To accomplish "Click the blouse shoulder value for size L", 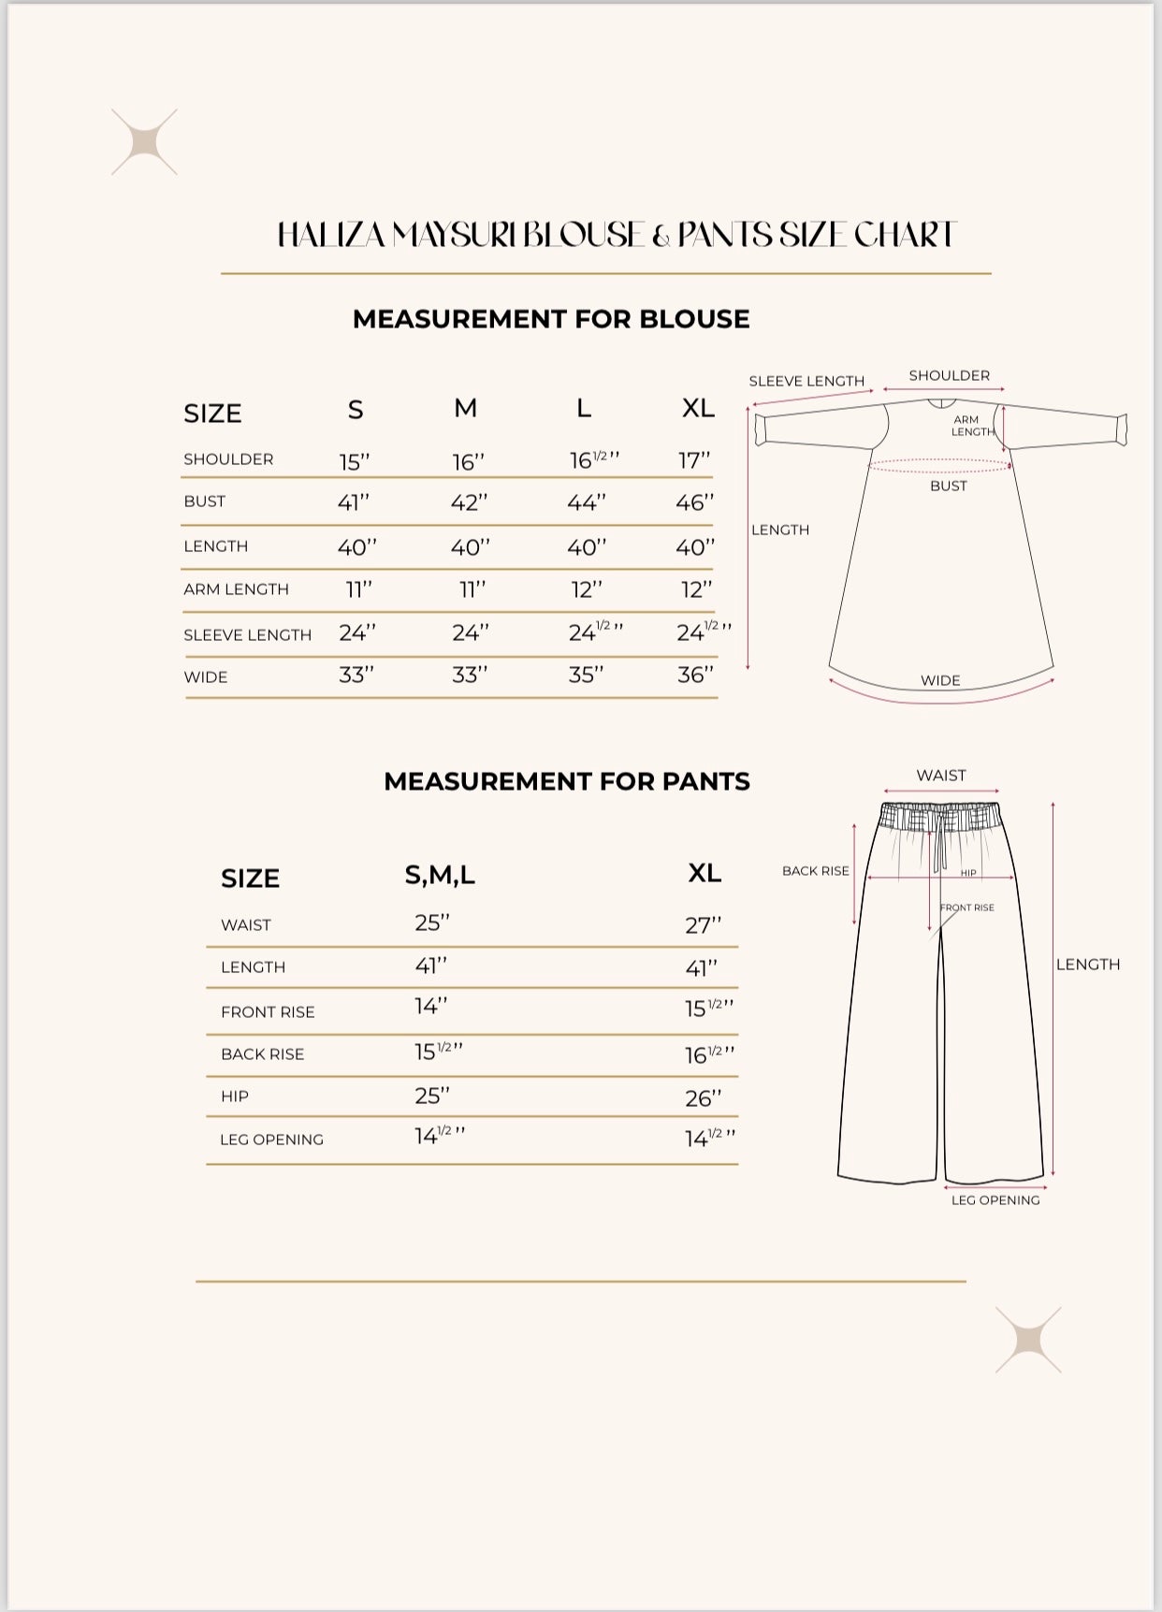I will tap(593, 459).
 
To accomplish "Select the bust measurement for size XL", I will tap(694, 503).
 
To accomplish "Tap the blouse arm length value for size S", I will tap(358, 589).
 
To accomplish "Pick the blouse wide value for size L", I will tap(586, 675).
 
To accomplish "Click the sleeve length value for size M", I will tap(470, 633).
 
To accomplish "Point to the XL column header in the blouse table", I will tap(698, 408).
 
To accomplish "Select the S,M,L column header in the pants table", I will tap(440, 875).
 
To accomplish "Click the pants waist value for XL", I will tap(703, 925).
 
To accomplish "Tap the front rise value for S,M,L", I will tap(431, 1006).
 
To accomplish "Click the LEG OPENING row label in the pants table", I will tap(271, 1140).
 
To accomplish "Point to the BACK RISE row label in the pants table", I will tap(262, 1054).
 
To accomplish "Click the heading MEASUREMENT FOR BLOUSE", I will tap(551, 319).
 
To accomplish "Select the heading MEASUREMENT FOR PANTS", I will tap(567, 781).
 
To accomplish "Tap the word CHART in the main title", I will tap(905, 235).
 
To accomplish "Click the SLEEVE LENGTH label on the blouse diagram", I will tap(806, 381).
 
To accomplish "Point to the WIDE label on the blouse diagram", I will tap(940, 680).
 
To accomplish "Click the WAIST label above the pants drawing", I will tap(941, 776).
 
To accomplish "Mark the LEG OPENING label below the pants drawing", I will tap(995, 1200).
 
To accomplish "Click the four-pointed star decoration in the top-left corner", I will tap(144, 142).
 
